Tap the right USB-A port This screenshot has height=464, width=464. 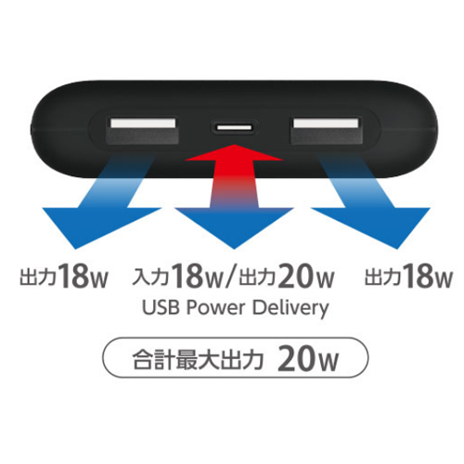[x=326, y=130]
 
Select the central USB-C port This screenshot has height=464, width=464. [x=235, y=127]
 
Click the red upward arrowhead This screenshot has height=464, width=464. [x=234, y=152]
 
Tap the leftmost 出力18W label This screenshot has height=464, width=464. [x=64, y=276]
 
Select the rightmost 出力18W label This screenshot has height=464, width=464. [x=408, y=276]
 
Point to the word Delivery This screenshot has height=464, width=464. [x=290, y=308]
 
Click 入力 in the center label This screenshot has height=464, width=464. [x=150, y=277]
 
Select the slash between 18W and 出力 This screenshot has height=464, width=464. [x=230, y=277]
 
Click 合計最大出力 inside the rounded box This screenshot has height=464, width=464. [x=198, y=359]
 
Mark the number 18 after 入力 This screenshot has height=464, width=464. [x=187, y=276]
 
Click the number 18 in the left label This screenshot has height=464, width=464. [x=73, y=276]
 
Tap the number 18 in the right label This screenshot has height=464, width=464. [x=419, y=276]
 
